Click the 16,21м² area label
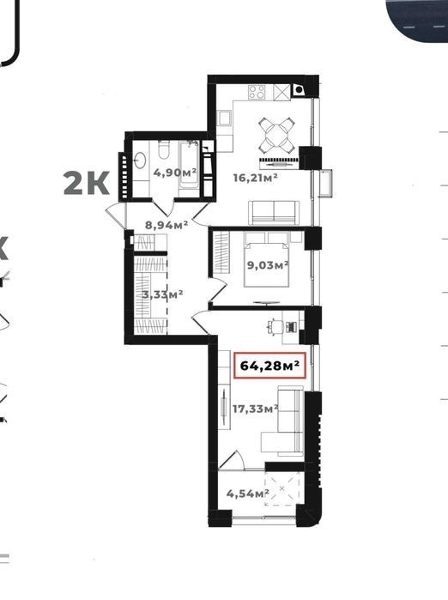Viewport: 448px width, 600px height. [x=255, y=178]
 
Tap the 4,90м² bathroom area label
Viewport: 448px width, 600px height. [x=175, y=173]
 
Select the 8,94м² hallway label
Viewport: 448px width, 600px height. [x=166, y=225]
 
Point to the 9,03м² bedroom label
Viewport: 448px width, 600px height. [x=268, y=264]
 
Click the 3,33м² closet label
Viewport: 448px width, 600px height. [x=162, y=294]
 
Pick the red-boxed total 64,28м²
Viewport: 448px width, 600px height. [x=269, y=366]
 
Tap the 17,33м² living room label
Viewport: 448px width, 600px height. [x=255, y=409]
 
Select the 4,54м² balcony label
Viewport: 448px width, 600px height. [x=247, y=494]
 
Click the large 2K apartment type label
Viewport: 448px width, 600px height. [x=87, y=184]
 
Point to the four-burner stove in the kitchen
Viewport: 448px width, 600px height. [x=257, y=92]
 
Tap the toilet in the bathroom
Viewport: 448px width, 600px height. [x=164, y=150]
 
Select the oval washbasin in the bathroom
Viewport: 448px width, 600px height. [x=140, y=161]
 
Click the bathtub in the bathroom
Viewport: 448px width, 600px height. [x=189, y=164]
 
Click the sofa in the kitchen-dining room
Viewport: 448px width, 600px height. [x=274, y=212]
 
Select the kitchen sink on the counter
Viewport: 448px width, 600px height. [x=223, y=118]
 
